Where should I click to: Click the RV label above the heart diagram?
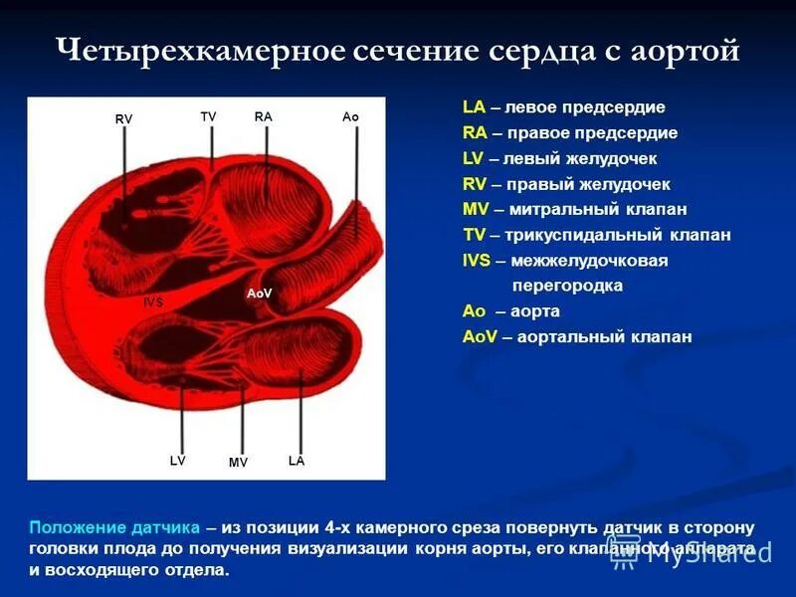point(123,119)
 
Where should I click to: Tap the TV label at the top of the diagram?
point(208,116)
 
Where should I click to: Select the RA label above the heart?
point(263,116)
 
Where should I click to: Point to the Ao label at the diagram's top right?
point(350,117)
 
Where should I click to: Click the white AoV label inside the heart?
point(259,294)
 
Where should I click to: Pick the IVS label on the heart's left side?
point(153,300)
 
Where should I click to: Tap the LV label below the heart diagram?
point(178,461)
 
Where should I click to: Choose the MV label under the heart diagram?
point(238,463)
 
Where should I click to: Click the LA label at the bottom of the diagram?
point(297,461)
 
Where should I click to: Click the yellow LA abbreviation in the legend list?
point(474,107)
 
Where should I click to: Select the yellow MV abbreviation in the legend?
point(476,210)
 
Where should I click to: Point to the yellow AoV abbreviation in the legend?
point(481,337)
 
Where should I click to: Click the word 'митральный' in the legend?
point(560,210)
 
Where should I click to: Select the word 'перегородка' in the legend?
point(567,287)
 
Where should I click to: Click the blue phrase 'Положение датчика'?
point(114,527)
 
